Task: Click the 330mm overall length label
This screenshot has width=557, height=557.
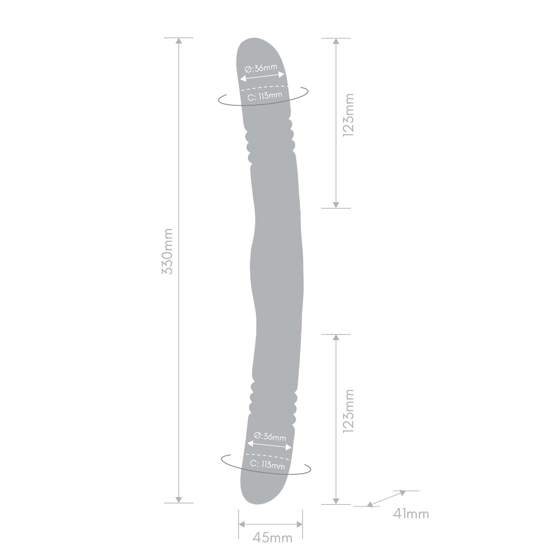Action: (x=167, y=252)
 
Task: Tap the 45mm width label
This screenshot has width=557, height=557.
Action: (x=272, y=538)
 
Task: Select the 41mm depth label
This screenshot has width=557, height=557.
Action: (x=411, y=514)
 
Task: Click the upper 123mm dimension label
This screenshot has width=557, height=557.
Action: (x=348, y=115)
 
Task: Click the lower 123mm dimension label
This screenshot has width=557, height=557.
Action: (x=348, y=411)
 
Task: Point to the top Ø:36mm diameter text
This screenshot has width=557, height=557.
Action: (x=261, y=67)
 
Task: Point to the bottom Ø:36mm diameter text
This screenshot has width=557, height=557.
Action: (x=270, y=436)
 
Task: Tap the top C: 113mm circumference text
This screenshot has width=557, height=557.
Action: (x=265, y=96)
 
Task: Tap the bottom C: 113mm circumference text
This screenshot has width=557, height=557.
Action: (x=267, y=465)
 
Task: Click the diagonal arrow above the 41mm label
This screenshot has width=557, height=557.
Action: (x=386, y=498)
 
